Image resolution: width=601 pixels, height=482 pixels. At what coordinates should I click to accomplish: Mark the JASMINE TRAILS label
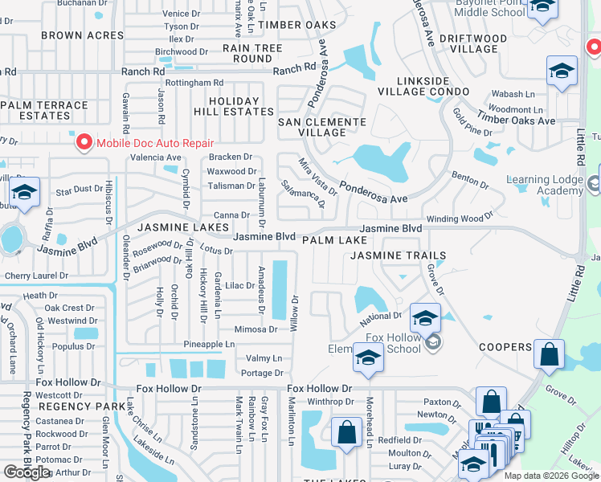(398, 255)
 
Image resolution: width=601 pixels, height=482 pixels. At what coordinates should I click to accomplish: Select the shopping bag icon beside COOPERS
(550, 354)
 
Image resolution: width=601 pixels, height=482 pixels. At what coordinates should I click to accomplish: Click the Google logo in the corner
(27, 472)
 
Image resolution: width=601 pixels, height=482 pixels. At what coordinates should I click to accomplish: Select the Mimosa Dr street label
(255, 329)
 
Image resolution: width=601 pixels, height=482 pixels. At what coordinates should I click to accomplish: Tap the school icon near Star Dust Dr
(25, 194)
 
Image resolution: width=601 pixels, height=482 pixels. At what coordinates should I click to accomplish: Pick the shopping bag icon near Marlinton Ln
(346, 431)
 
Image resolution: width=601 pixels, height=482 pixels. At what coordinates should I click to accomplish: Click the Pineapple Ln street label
(208, 345)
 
